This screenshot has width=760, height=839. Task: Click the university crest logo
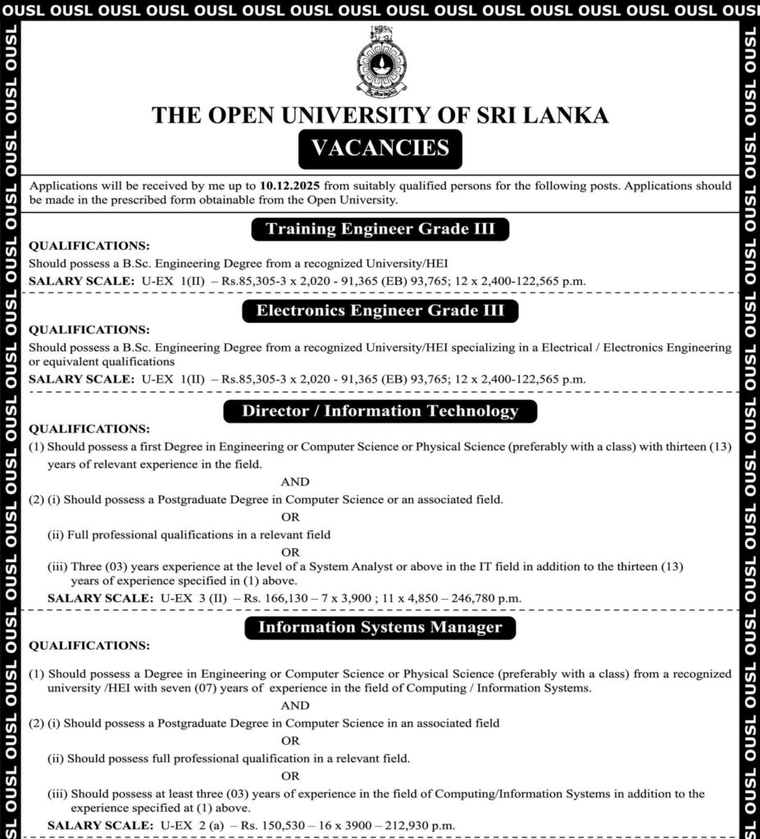[x=380, y=61]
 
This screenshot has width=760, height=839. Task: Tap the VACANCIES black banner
[x=380, y=148]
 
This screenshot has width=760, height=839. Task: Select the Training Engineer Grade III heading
[x=380, y=229]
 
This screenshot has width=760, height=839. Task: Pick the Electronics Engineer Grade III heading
[x=380, y=311]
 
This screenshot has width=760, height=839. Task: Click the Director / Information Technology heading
[x=380, y=411]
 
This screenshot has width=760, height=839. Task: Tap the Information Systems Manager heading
[x=380, y=628]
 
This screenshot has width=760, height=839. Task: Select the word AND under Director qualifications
[x=295, y=482]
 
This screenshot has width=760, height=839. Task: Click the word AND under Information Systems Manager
[x=295, y=705]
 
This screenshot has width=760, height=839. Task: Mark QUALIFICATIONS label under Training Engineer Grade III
[x=89, y=246]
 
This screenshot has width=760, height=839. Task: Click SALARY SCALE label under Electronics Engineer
[x=81, y=379]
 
